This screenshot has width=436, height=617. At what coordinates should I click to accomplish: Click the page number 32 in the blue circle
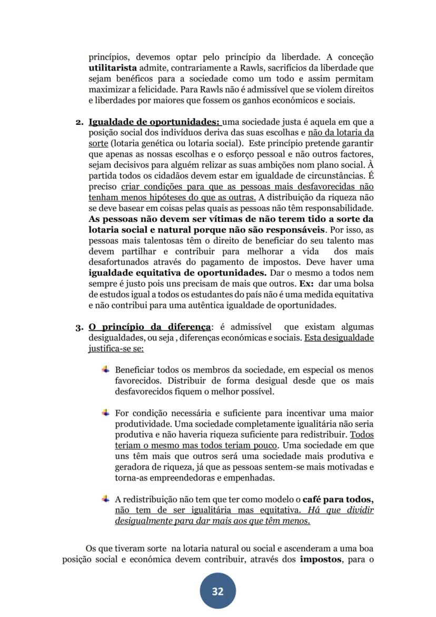(x=217, y=591)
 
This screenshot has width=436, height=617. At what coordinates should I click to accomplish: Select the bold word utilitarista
(x=112, y=68)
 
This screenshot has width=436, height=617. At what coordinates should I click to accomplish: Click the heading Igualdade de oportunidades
(x=154, y=122)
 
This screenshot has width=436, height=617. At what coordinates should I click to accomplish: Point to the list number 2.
(x=78, y=123)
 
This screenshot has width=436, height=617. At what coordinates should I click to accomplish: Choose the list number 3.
(x=78, y=327)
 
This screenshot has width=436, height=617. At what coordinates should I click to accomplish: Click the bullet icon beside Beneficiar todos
(x=106, y=369)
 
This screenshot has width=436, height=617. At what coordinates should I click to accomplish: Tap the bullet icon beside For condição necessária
(x=106, y=413)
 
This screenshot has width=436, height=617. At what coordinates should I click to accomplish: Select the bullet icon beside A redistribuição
(x=106, y=498)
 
